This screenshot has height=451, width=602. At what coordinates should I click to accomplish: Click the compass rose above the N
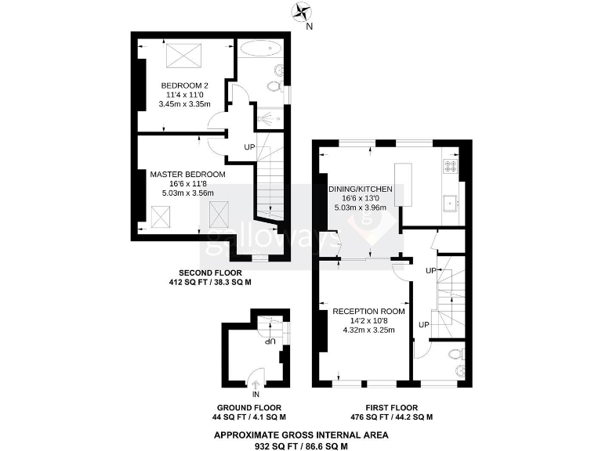click(x=301, y=12)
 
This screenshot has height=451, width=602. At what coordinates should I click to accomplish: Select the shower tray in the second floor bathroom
click(x=270, y=118)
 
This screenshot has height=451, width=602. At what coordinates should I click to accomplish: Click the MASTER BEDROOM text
click(x=187, y=174)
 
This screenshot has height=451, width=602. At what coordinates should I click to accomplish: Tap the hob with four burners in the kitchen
click(x=451, y=165)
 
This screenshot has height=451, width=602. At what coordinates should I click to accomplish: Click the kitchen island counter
click(x=403, y=185)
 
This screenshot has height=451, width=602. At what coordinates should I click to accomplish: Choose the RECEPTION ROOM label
click(x=368, y=311)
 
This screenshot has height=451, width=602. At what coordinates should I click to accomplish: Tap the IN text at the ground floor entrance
click(x=256, y=394)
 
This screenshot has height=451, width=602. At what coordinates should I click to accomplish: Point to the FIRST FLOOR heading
click(x=391, y=408)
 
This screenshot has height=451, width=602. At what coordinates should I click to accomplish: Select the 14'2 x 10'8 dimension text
click(x=368, y=320)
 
